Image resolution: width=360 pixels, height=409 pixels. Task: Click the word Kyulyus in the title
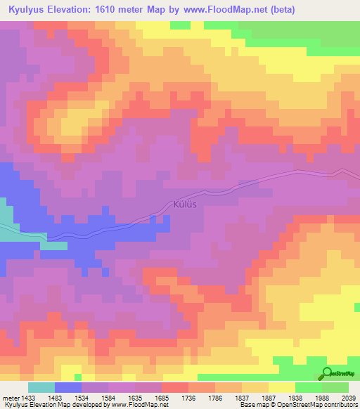point(29,9)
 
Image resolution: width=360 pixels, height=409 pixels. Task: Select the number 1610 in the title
point(115,9)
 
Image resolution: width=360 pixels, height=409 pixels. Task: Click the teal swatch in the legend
point(41,388)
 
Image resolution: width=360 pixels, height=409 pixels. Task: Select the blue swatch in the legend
point(68,388)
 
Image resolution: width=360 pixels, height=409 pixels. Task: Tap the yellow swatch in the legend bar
point(282,388)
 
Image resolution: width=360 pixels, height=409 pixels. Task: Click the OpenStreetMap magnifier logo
point(327,374)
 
